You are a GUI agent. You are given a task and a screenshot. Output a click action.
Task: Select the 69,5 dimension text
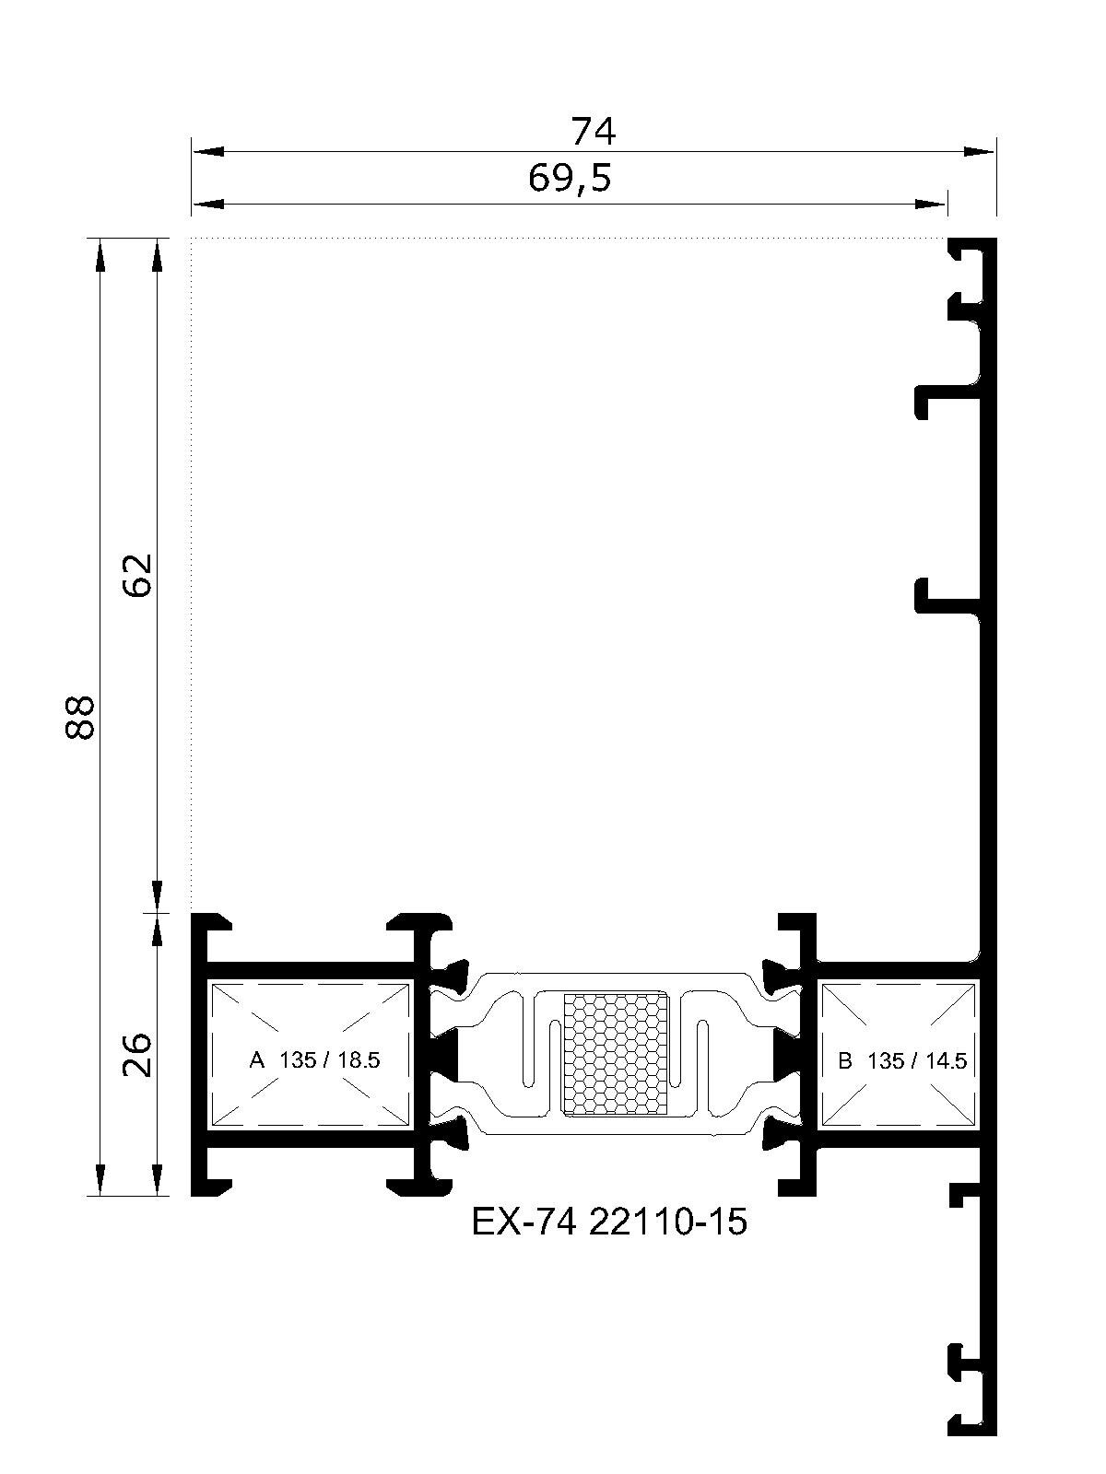[571, 179]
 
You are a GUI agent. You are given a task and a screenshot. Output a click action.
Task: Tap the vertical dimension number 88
[80, 718]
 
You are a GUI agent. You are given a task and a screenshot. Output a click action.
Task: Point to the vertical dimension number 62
[137, 576]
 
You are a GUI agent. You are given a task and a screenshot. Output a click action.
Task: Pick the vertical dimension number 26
[137, 1054]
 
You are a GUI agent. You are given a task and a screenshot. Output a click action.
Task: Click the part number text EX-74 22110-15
[609, 1222]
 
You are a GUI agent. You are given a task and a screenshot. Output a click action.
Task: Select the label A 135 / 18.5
[314, 1060]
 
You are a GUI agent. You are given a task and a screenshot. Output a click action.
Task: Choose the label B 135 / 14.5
[902, 1061]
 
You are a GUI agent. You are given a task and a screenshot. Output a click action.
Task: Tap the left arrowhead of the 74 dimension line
[207, 152]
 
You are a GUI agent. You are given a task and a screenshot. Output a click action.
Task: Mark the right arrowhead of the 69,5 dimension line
[932, 205]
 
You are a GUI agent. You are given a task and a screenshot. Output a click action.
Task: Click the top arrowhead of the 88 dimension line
[100, 254]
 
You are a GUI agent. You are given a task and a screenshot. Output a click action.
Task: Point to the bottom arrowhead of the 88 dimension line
[100, 1179]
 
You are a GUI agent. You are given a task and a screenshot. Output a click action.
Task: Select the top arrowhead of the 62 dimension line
[157, 254]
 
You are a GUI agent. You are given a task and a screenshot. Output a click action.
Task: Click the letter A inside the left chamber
[256, 1060]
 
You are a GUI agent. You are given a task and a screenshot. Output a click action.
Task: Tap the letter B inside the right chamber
[845, 1061]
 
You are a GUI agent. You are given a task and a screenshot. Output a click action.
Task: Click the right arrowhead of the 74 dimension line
[979, 152]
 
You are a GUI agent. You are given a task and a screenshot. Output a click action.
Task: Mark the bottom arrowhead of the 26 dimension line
[157, 1179]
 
